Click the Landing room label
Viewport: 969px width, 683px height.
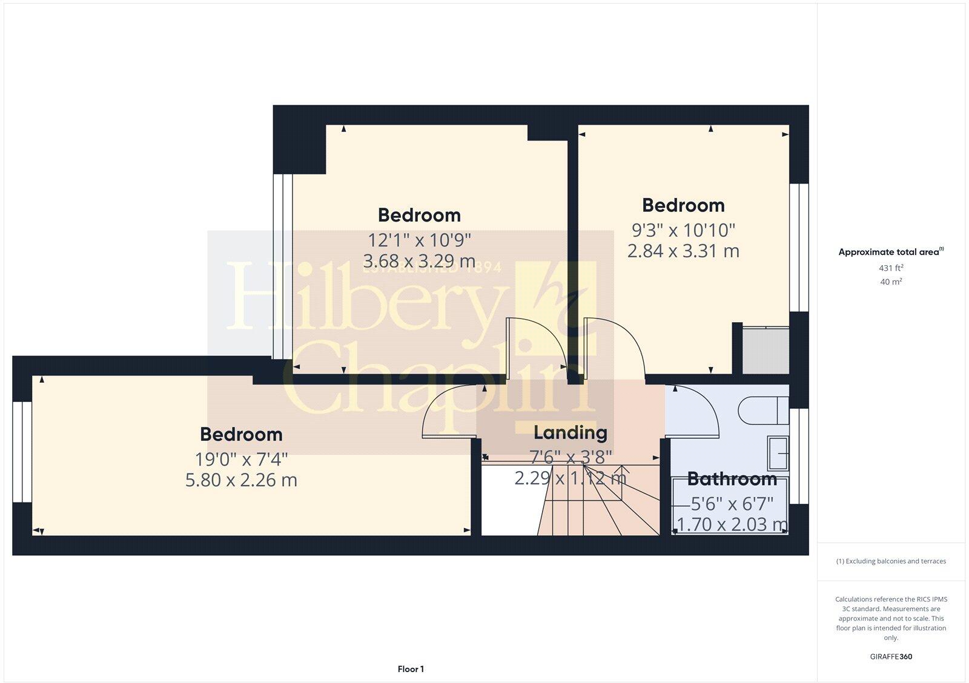tap(570, 432)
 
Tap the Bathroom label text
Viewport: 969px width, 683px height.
tap(732, 479)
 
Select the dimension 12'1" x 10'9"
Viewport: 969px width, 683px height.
tap(419, 240)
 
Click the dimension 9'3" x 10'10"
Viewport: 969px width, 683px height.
tap(683, 230)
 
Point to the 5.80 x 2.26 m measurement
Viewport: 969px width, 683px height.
tap(241, 480)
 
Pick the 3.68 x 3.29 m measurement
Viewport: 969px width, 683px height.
tap(419, 261)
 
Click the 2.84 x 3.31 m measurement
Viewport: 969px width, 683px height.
tap(683, 251)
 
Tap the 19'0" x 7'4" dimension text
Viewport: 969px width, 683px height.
tap(241, 459)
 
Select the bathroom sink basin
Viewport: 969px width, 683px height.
tap(779, 453)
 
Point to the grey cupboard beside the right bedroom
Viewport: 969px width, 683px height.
tap(766, 351)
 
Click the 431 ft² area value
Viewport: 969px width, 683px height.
tap(891, 268)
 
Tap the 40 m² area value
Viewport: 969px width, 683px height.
tap(891, 282)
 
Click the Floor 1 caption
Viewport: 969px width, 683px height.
tap(411, 669)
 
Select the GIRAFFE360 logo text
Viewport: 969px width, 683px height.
tap(891, 656)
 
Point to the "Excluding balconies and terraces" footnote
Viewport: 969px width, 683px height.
tap(891, 561)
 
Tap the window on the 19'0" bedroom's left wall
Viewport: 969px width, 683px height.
tap(22, 452)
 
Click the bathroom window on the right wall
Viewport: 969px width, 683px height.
tap(799, 456)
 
